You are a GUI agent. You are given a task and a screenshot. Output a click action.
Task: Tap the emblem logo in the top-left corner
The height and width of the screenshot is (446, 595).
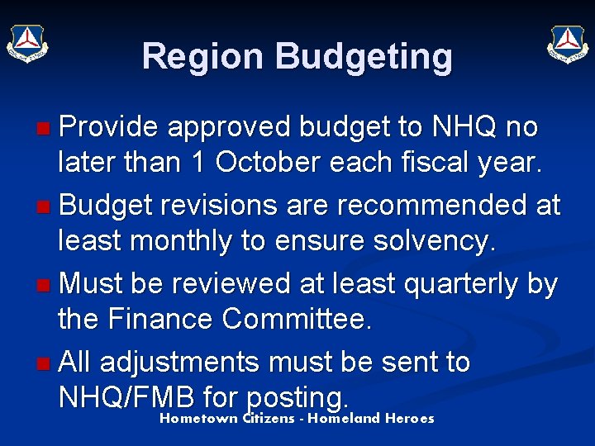27,42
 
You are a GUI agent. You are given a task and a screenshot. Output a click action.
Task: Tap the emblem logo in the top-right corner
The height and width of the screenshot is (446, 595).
568,42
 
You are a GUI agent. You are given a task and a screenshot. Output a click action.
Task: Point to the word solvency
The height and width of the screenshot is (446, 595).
425,242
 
